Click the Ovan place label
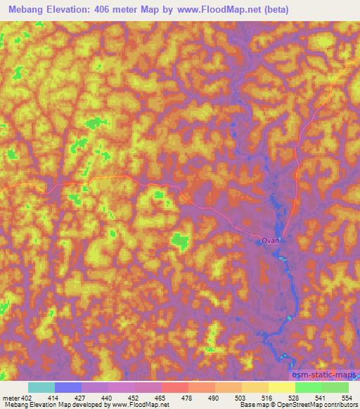pyautogui.click(x=271, y=240)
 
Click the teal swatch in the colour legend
pyautogui.click(x=41, y=387)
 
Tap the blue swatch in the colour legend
pyautogui.click(x=68, y=387)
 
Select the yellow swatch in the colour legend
pyautogui.click(x=282, y=387)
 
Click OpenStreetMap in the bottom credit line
pyautogui.click(x=303, y=404)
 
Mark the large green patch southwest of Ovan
pyautogui.click(x=180, y=241)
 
